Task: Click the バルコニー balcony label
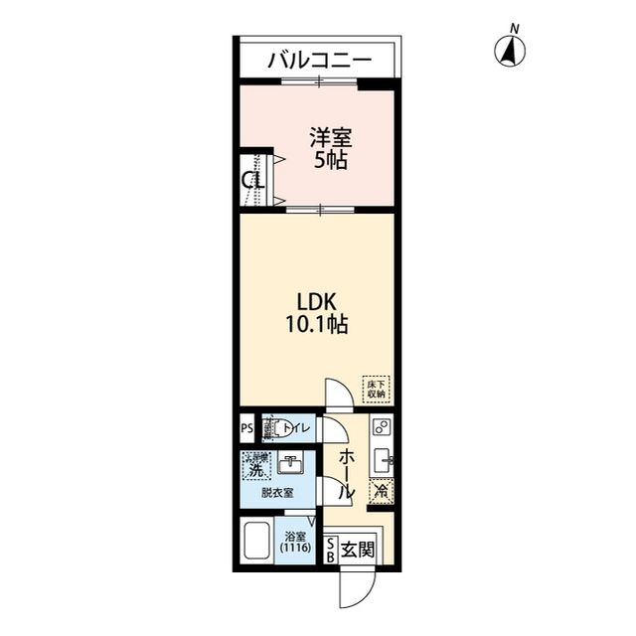pyautogui.click(x=318, y=62)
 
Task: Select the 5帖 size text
pyautogui.click(x=330, y=161)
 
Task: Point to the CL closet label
pyautogui.click(x=253, y=181)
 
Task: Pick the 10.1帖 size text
pyautogui.click(x=319, y=325)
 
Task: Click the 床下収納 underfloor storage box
pyautogui.click(x=376, y=387)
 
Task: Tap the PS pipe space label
pyautogui.click(x=246, y=429)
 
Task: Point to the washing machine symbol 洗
pyautogui.click(x=255, y=466)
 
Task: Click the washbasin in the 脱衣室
pyautogui.click(x=289, y=465)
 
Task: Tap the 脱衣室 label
pyautogui.click(x=277, y=493)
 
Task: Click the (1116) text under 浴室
pyautogui.click(x=295, y=548)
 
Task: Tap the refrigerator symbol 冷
pyautogui.click(x=381, y=489)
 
